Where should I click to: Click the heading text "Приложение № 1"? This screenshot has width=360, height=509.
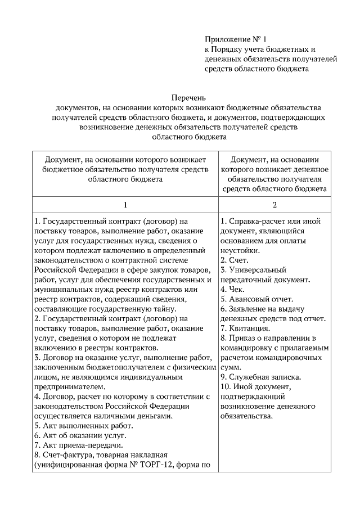click(x=234, y=39)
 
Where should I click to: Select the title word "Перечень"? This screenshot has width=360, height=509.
click(x=188, y=98)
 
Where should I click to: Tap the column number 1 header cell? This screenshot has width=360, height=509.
click(x=125, y=204)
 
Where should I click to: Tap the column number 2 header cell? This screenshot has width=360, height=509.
click(x=274, y=204)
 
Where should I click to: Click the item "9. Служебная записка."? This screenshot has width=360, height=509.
click(x=260, y=376)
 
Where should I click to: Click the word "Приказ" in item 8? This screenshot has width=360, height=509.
click(x=242, y=338)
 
